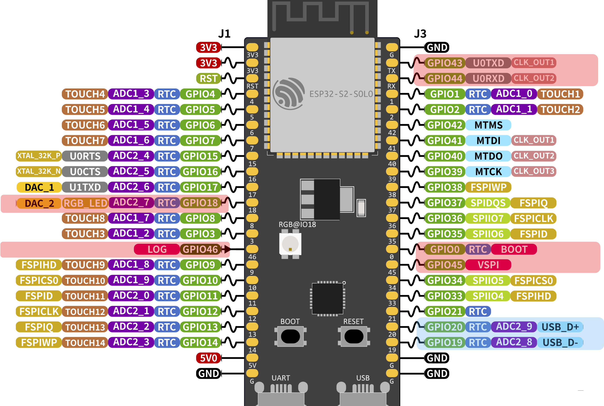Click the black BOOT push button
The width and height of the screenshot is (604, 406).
click(290, 336)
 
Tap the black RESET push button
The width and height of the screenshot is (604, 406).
click(354, 336)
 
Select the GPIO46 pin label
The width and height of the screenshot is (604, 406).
click(200, 249)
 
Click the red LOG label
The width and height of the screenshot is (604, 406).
click(157, 249)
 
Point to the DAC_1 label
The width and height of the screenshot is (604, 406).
click(39, 187)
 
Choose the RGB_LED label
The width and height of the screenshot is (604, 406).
click(85, 203)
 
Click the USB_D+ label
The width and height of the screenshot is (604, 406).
click(560, 327)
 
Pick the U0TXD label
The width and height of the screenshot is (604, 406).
click(488, 63)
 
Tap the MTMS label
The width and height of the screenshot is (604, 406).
click(488, 125)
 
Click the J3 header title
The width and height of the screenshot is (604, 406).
click(420, 34)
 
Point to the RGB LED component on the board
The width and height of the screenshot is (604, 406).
click(290, 244)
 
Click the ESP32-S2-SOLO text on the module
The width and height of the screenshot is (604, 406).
click(341, 94)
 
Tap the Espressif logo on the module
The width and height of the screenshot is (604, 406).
click(288, 93)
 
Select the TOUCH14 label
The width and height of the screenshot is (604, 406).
click(85, 342)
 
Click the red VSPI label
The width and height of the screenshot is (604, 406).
click(488, 265)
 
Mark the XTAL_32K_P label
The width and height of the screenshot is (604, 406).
click(39, 156)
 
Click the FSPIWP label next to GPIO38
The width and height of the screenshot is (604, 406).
click(488, 187)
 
